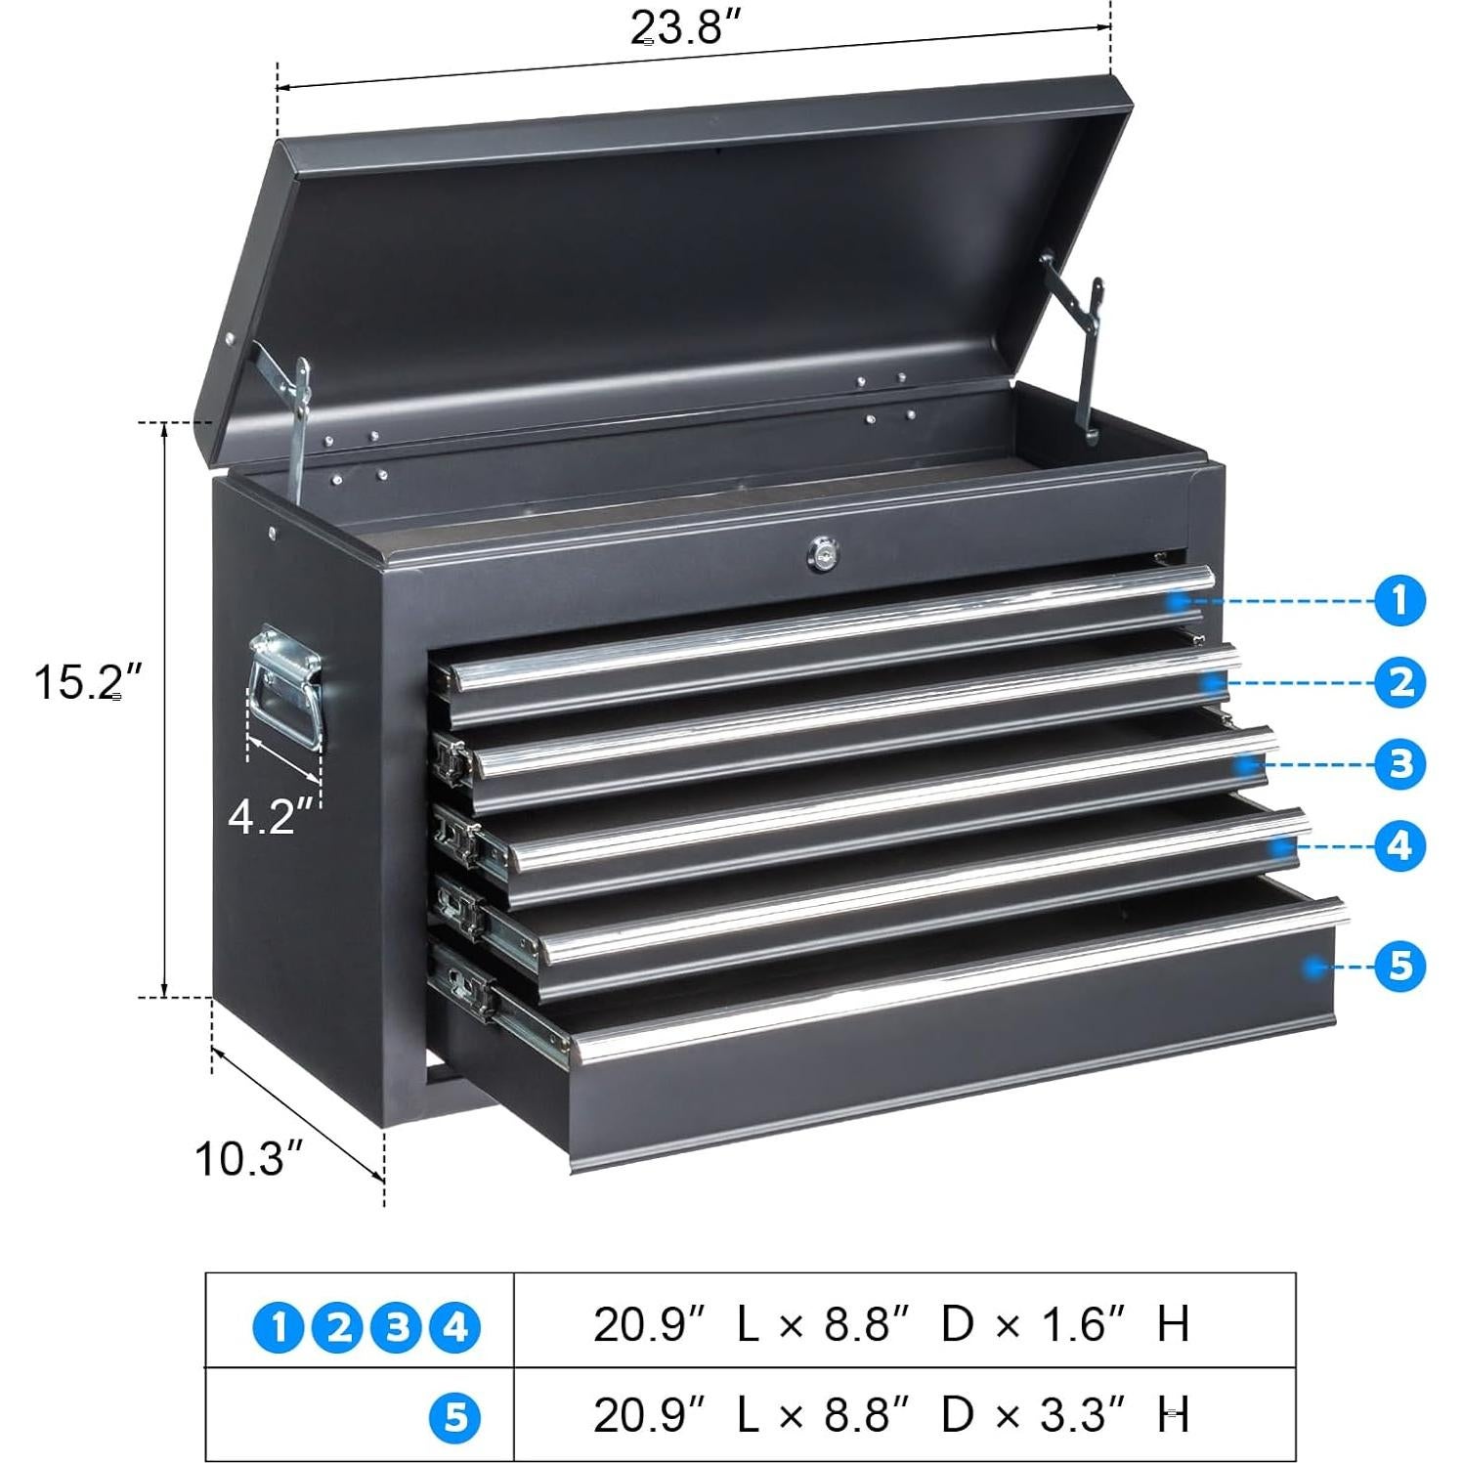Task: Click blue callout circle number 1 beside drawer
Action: point(1399,600)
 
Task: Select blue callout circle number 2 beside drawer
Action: point(1399,682)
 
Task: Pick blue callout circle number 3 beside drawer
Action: point(1399,764)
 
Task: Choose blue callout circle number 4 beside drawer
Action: point(1399,845)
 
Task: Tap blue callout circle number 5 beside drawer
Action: point(1399,966)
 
